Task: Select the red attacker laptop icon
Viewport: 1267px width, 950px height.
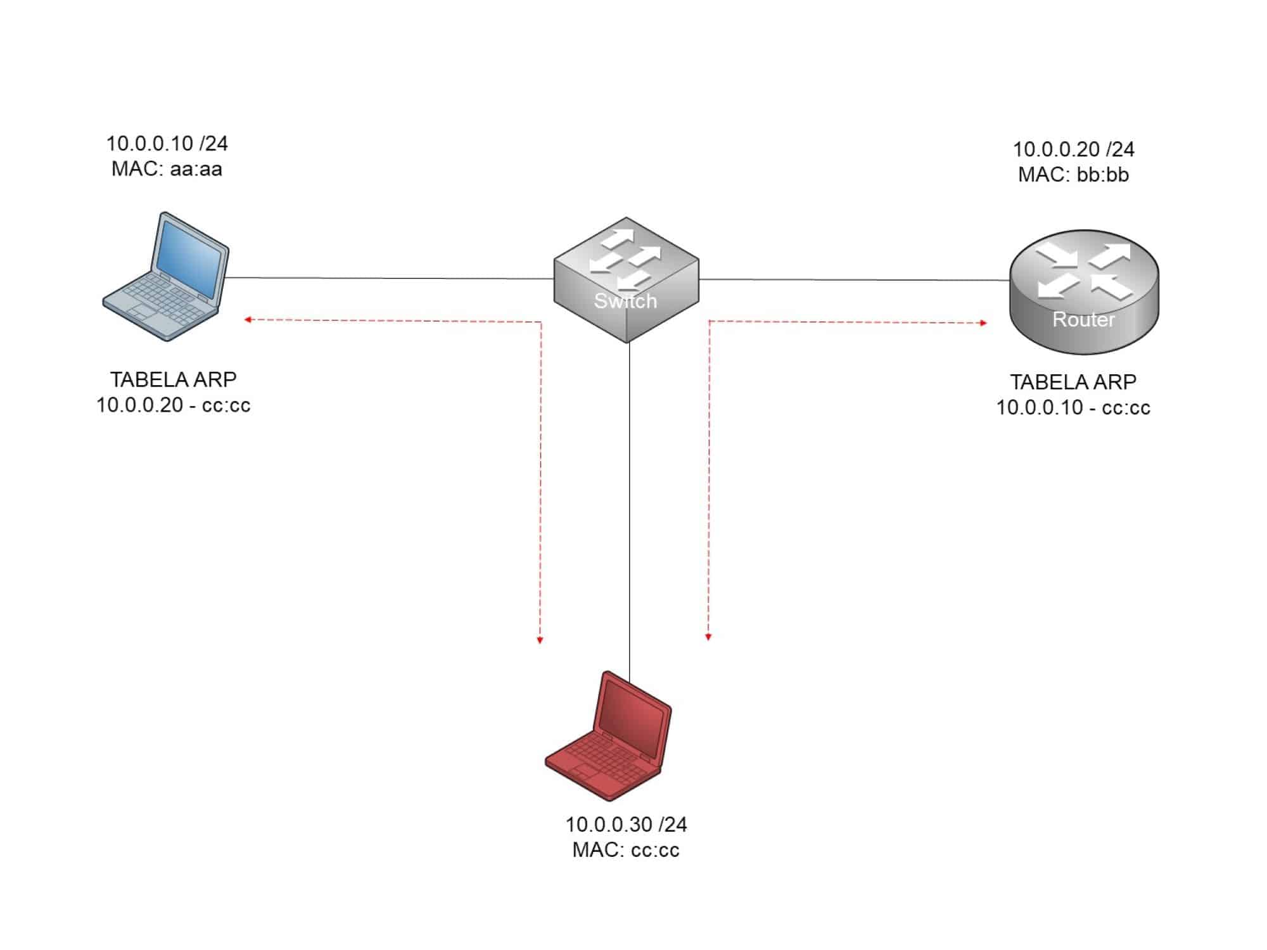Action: click(x=608, y=737)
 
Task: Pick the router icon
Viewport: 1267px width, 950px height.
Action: click(x=1083, y=291)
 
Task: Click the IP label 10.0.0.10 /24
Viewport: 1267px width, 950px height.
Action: click(x=167, y=144)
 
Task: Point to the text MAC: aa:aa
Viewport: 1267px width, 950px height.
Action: click(x=167, y=170)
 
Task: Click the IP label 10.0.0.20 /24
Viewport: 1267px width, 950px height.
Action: click(x=1073, y=149)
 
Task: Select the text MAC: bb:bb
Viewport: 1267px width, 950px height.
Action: click(x=1073, y=175)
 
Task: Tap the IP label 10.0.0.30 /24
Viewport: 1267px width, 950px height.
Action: click(x=626, y=825)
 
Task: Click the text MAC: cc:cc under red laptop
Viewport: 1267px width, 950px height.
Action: click(x=626, y=850)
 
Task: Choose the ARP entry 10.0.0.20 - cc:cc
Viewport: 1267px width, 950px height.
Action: click(x=173, y=405)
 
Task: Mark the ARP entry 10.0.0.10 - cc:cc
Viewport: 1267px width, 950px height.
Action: click(x=1073, y=408)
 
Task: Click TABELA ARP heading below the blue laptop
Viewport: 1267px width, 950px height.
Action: click(x=173, y=379)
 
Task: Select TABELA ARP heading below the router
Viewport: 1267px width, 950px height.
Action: click(x=1073, y=382)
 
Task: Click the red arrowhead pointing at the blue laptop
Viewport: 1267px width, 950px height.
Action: click(x=248, y=320)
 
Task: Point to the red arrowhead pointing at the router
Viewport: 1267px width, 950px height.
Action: click(x=983, y=323)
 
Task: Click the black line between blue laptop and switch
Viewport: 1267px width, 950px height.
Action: click(x=390, y=278)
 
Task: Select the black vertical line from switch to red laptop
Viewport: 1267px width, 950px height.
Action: click(x=629, y=507)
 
